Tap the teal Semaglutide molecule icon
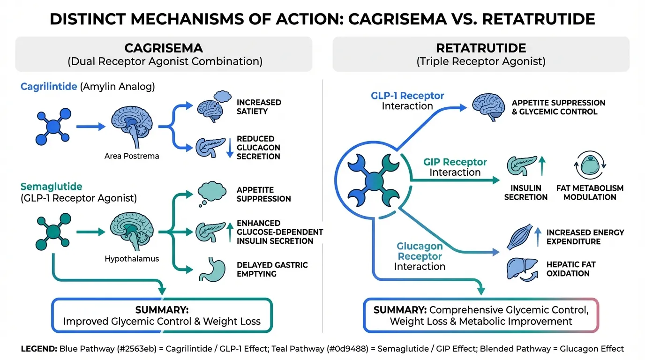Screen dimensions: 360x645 point(53,231)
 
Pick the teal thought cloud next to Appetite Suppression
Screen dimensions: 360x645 point(212,192)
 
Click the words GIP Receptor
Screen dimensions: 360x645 point(455,162)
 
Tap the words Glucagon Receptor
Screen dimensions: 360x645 point(420,251)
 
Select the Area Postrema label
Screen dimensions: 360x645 point(132,156)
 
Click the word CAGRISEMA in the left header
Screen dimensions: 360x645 point(164,48)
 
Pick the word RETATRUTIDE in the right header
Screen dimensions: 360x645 point(481,48)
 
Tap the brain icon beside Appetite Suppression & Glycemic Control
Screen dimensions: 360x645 point(487,106)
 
